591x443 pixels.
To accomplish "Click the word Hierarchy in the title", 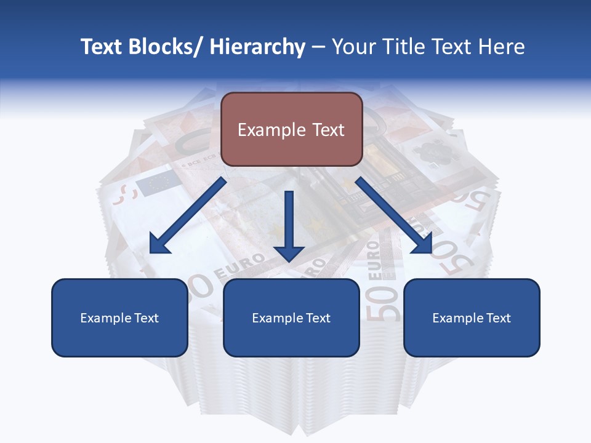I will pyautogui.click(x=257, y=47).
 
